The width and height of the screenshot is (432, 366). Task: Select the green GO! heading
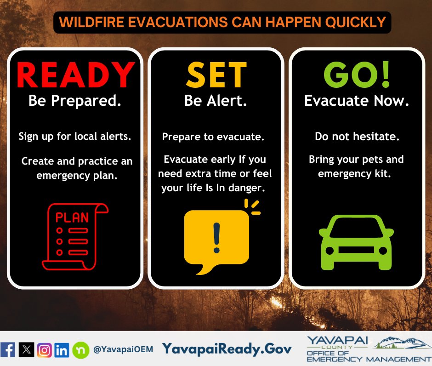[x=357, y=74]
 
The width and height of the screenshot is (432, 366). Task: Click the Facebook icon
[x=8, y=350]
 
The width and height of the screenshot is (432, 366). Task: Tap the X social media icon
[x=27, y=350]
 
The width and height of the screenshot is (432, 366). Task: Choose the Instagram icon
[x=45, y=350]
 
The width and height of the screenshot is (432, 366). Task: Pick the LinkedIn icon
[x=62, y=350]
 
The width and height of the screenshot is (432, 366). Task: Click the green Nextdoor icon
[x=81, y=350]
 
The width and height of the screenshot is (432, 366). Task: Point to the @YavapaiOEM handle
[x=123, y=349]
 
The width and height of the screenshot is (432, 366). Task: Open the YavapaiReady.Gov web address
[x=227, y=349]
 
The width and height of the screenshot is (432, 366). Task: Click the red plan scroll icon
[x=75, y=236]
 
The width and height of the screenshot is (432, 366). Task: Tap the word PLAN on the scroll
[x=72, y=217]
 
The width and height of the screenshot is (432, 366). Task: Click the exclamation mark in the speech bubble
[x=216, y=238]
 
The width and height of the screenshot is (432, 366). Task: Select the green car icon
[x=356, y=242]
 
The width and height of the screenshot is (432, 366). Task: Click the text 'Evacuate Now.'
[x=357, y=100]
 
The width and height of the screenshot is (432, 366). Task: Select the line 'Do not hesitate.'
[x=357, y=137]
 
